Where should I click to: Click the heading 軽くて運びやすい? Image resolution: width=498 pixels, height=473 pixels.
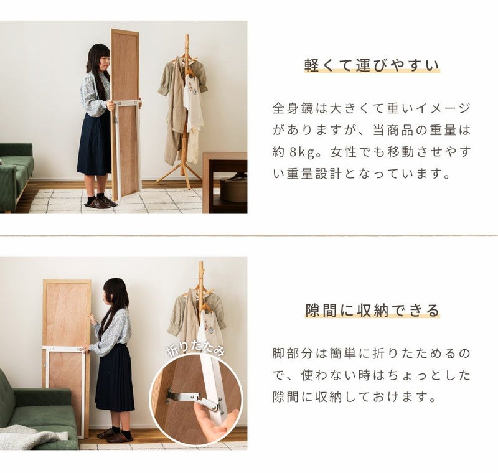pyautogui.click(x=372, y=65)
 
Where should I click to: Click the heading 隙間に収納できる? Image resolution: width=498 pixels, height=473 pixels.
pyautogui.click(x=372, y=310)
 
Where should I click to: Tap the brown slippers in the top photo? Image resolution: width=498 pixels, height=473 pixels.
pyautogui.click(x=100, y=202)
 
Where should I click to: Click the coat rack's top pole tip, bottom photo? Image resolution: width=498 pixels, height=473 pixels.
pyautogui.click(x=200, y=263)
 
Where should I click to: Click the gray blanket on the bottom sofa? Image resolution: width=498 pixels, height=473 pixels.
pyautogui.click(x=29, y=437)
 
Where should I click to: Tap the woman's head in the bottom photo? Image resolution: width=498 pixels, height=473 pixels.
pyautogui.click(x=115, y=293)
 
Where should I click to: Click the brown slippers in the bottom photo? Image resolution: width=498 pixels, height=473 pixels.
pyautogui.click(x=115, y=435)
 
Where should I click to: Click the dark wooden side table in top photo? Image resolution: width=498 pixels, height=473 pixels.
pyautogui.click(x=225, y=182)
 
